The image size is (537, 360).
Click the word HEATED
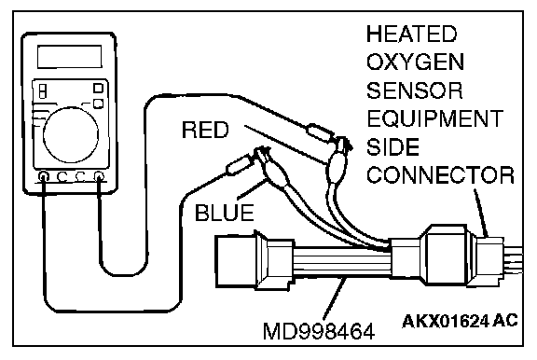[x=412, y=34]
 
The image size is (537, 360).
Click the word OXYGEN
[x=415, y=62]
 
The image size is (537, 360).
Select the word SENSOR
[x=414, y=90]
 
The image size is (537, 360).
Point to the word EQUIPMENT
[x=435, y=118]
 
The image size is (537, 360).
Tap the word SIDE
[x=392, y=147]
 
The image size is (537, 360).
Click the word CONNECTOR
[x=440, y=175]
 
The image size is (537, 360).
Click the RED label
[x=205, y=130]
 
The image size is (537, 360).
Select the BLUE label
[x=225, y=213]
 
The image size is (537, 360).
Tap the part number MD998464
[x=319, y=332]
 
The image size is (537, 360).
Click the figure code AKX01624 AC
[x=460, y=321]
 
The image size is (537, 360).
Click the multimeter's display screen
[x=70, y=57]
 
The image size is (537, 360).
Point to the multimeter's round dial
[x=71, y=134]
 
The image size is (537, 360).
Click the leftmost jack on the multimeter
[x=44, y=177]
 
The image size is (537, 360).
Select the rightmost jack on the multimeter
[x=99, y=176]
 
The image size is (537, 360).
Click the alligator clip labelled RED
[x=337, y=161]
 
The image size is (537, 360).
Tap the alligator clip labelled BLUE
[x=272, y=168]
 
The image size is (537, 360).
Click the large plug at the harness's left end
[x=236, y=261]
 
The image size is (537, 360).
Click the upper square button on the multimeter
[x=98, y=88]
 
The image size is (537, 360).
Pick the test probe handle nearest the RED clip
[x=320, y=133]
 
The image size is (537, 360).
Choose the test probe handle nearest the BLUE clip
[x=239, y=165]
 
